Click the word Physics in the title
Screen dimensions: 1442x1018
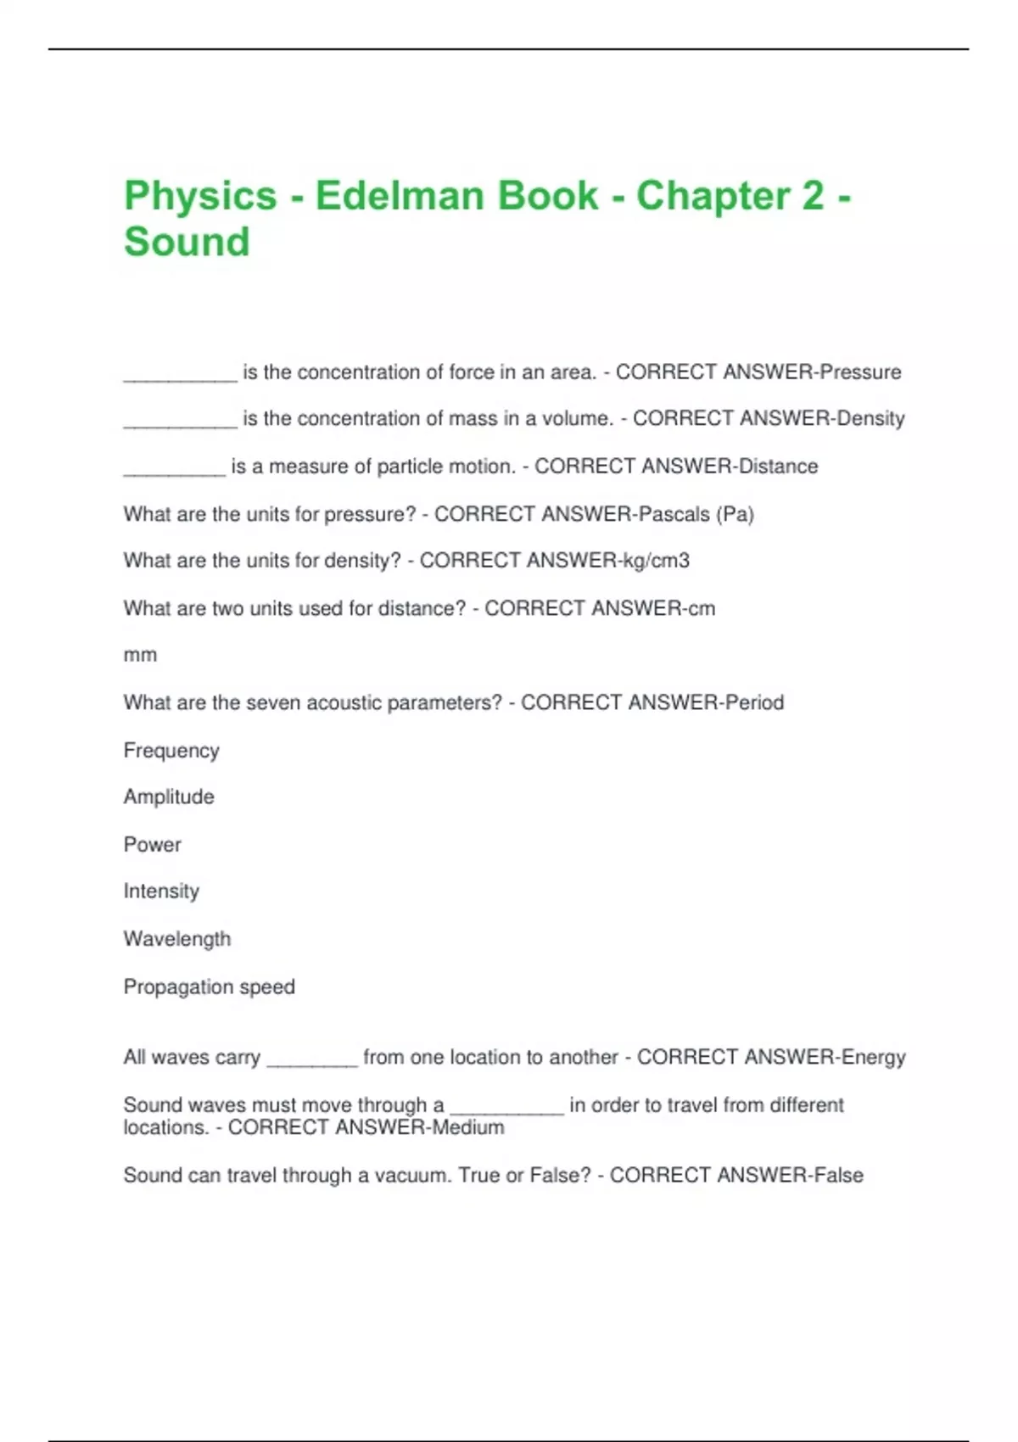[x=200, y=196]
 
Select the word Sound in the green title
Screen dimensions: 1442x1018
[x=187, y=242]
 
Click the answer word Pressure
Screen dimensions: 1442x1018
[x=860, y=372]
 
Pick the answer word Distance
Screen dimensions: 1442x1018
[x=778, y=467]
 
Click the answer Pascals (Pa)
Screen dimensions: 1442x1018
[x=696, y=514]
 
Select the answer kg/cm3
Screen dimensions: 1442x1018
[x=656, y=561]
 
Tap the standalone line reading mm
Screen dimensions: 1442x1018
[x=140, y=655]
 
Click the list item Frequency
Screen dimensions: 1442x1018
[x=171, y=751]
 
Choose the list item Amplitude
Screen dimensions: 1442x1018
[x=169, y=797]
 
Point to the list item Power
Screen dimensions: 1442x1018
[x=153, y=845]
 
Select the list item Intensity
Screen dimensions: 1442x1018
[x=161, y=891]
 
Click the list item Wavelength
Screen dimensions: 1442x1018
[x=177, y=939]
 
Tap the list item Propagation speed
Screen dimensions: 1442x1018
[x=209, y=987]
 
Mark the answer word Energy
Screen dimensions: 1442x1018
[x=873, y=1058]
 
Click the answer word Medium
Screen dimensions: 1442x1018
[x=467, y=1127]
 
